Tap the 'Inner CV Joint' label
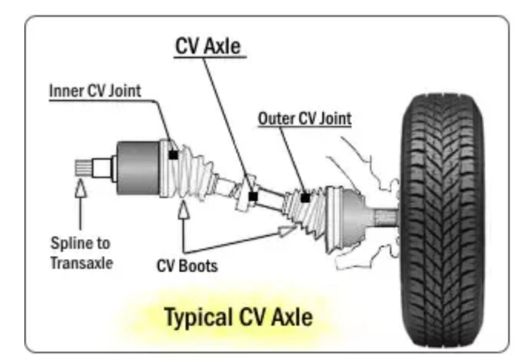click(x=95, y=91)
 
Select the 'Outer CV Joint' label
click(x=305, y=119)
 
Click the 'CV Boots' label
click(x=187, y=266)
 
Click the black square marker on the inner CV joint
click(x=173, y=155)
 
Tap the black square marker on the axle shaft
click(x=253, y=196)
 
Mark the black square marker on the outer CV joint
click(x=305, y=198)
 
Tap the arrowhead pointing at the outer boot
click(x=287, y=230)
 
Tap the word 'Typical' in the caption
click(x=193, y=317)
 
